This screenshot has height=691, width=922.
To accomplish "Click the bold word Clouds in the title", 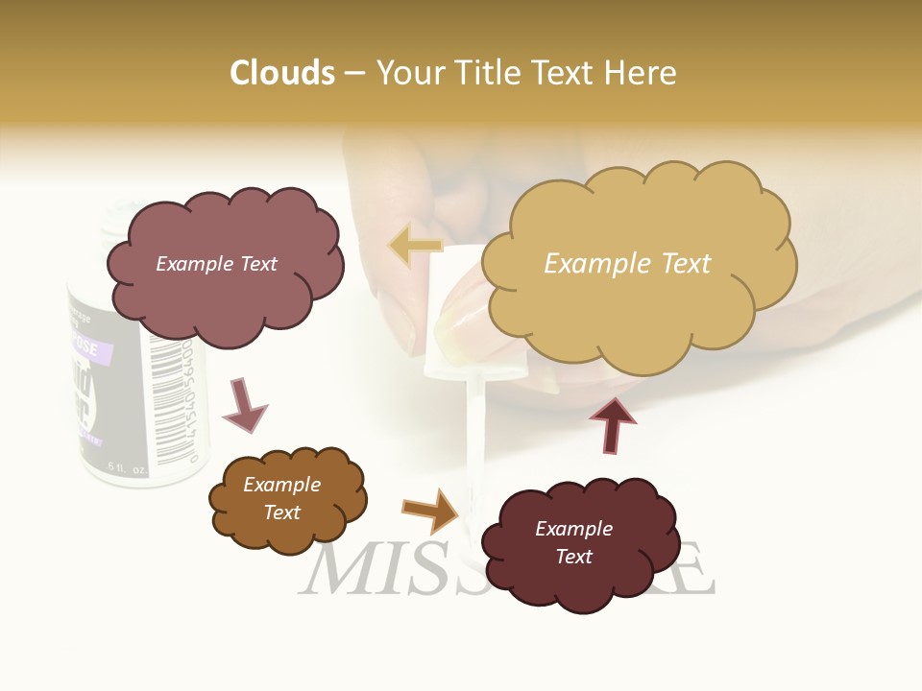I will point(282,73).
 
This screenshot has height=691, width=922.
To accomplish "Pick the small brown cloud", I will point(286,499).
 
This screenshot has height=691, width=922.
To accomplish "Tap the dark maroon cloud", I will point(574,543).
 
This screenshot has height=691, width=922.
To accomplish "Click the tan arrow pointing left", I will point(415,246).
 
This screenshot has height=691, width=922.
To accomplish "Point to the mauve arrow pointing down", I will point(244,403).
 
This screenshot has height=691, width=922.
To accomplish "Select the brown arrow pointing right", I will point(431,511).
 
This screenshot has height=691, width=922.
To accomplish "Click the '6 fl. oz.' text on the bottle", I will point(127,467).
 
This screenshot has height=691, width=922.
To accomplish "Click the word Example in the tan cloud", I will point(589,264).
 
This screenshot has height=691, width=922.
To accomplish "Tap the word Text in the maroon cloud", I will point(573,557).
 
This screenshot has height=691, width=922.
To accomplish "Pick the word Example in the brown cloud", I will point(281,485).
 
